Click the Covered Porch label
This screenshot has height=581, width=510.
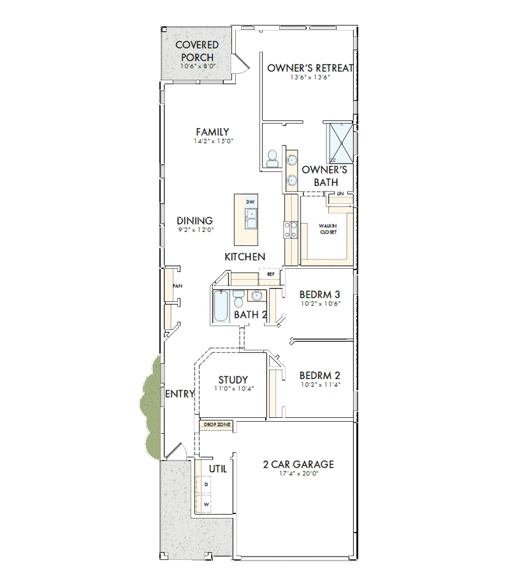click(197, 51)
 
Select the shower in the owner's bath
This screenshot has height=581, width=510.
click(339, 142)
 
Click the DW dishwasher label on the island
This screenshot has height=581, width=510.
click(251, 202)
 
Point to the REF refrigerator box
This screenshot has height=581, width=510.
click(270, 274)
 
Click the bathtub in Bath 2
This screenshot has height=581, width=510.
click(221, 306)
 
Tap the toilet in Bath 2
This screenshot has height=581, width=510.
click(238, 299)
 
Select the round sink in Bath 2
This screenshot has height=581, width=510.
click(257, 296)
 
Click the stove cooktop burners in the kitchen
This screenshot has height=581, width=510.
click(291, 230)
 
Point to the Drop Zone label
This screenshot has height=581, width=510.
click(217, 424)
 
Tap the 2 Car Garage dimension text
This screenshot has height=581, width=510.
click(298, 473)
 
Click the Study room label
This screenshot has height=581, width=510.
click(233, 380)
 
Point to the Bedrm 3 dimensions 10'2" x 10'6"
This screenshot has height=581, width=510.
click(321, 303)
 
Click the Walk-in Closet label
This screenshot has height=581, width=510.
click(328, 229)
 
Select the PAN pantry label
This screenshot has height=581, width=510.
click(178, 286)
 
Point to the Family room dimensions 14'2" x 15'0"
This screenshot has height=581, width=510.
click(214, 141)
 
